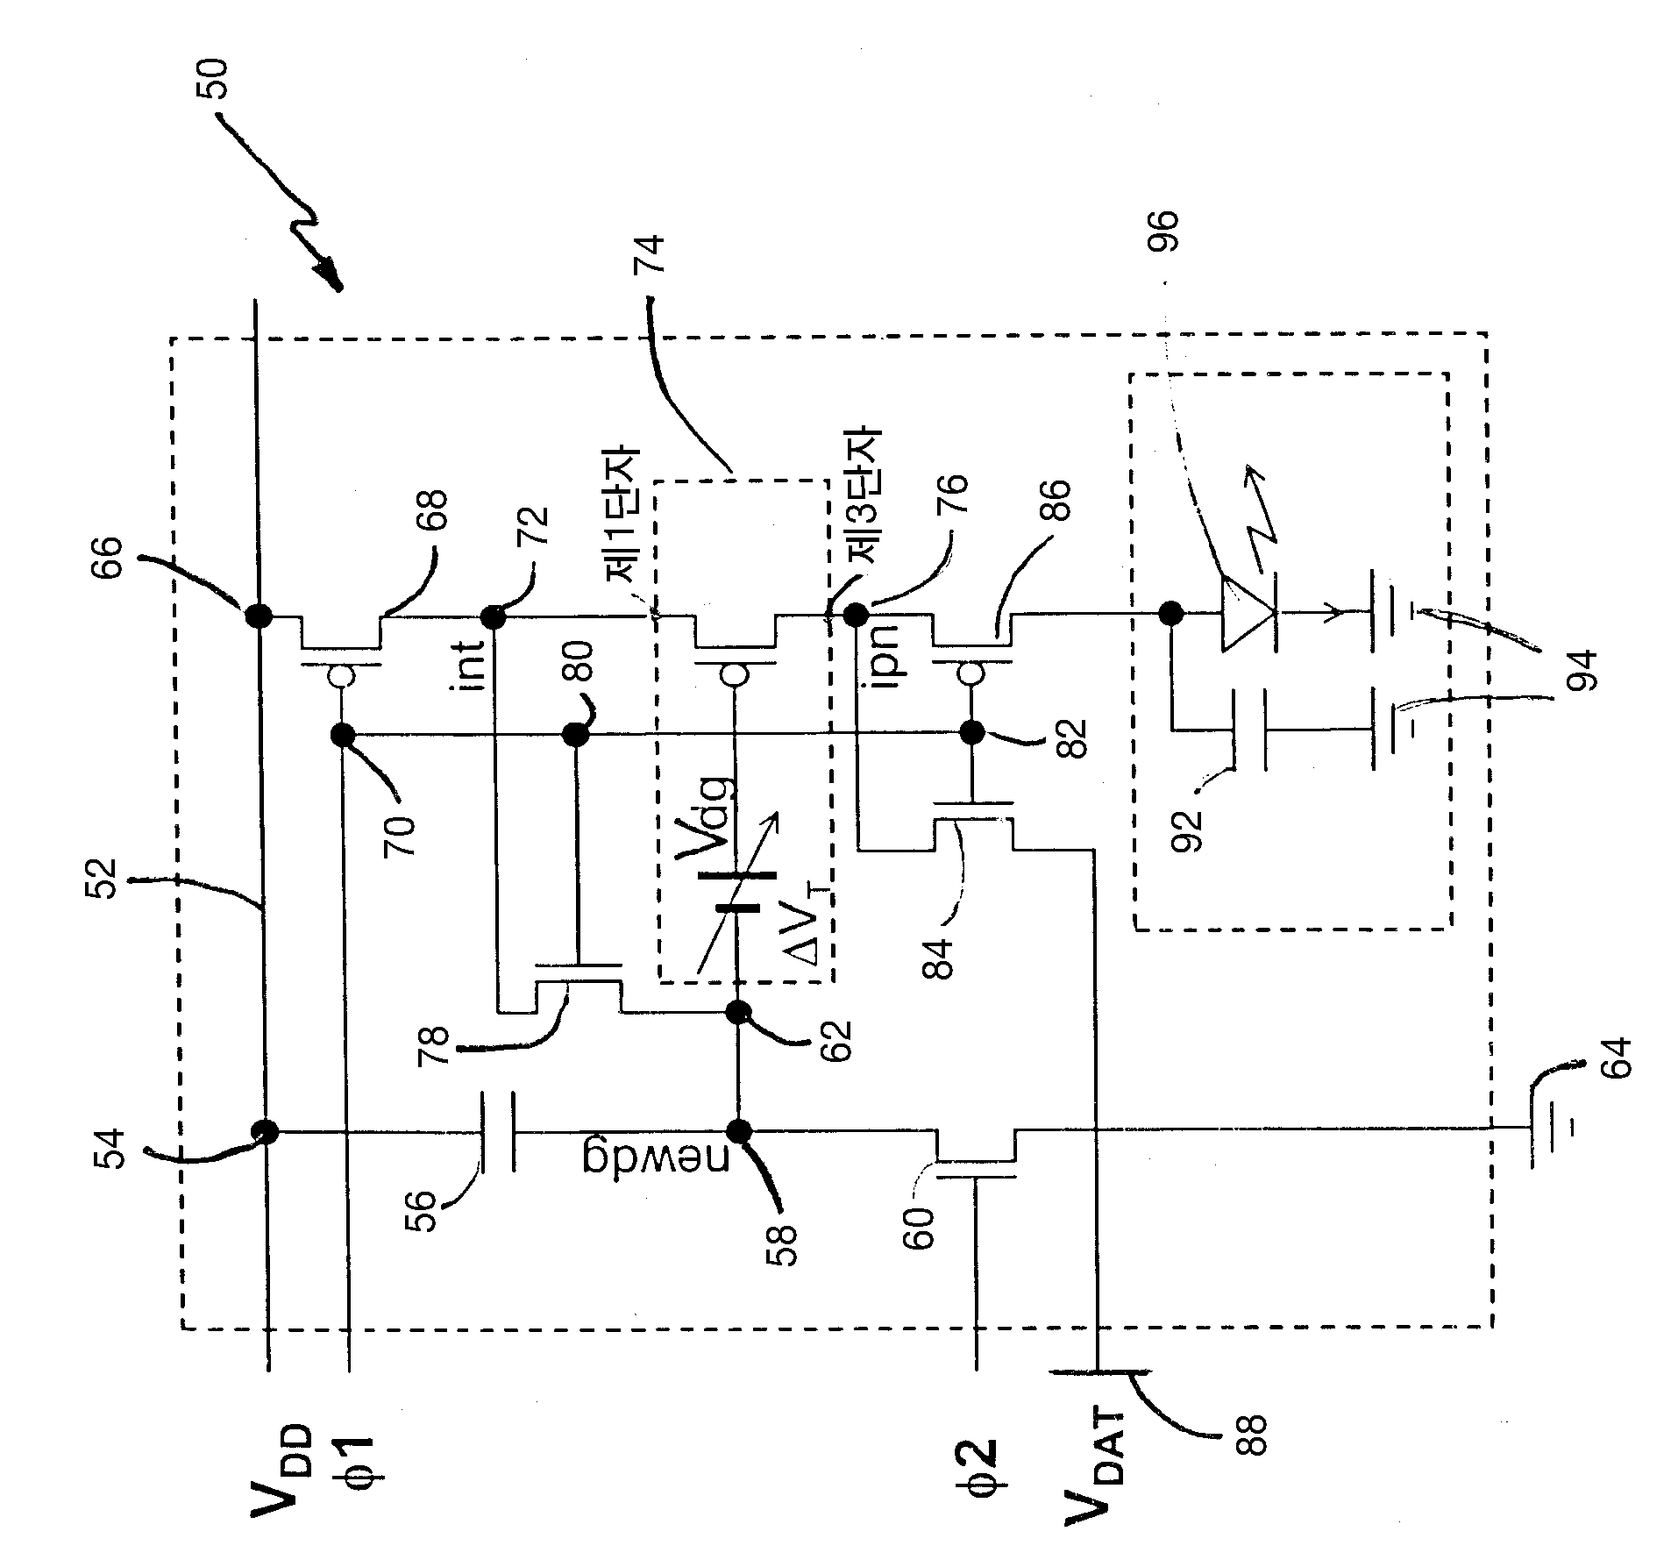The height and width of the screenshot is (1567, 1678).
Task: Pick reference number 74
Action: point(654,257)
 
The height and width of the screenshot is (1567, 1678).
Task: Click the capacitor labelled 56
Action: point(496,1132)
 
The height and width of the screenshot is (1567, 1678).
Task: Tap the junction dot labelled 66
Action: point(257,616)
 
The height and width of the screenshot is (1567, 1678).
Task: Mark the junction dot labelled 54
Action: point(266,1132)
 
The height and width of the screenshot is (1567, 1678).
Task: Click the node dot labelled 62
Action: point(739,1013)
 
